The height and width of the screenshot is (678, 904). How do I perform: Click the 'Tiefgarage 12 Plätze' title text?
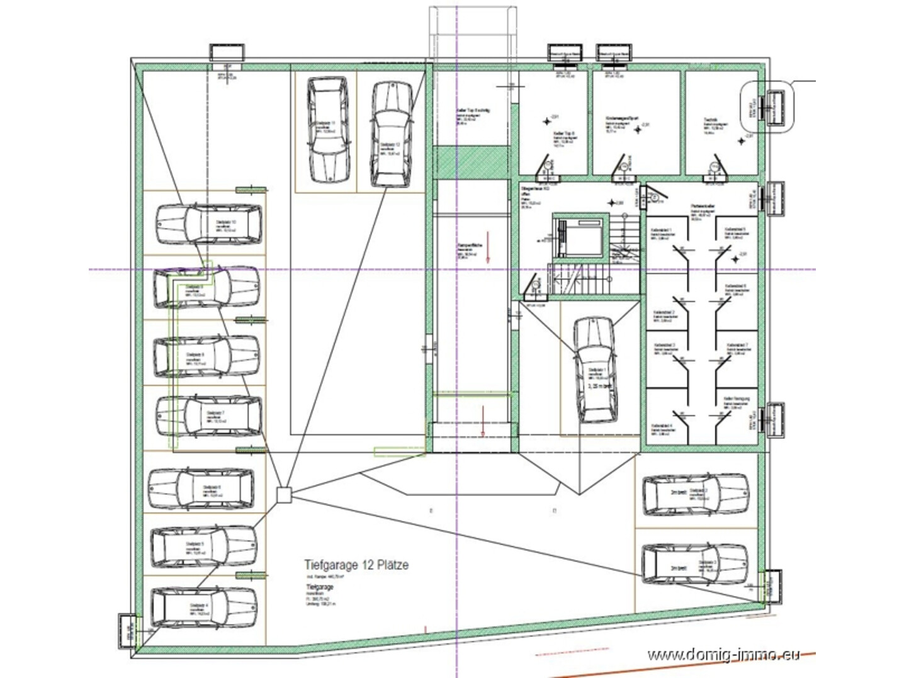click(x=356, y=565)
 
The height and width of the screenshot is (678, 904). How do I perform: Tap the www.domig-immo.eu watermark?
click(x=723, y=655)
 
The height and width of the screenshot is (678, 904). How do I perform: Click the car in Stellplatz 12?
click(x=392, y=134)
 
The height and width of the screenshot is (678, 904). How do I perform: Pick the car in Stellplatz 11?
click(x=328, y=129)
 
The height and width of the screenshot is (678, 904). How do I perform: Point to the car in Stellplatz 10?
click(x=209, y=223)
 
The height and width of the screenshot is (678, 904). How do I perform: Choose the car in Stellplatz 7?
click(x=209, y=416)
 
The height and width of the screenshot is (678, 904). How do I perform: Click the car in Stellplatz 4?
click(x=205, y=607)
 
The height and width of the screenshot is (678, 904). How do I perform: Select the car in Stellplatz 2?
click(x=695, y=494)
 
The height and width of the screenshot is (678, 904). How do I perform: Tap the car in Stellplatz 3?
click(x=695, y=564)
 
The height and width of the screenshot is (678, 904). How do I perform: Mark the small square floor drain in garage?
click(x=284, y=495)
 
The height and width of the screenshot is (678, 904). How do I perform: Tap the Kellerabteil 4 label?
click(x=662, y=426)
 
